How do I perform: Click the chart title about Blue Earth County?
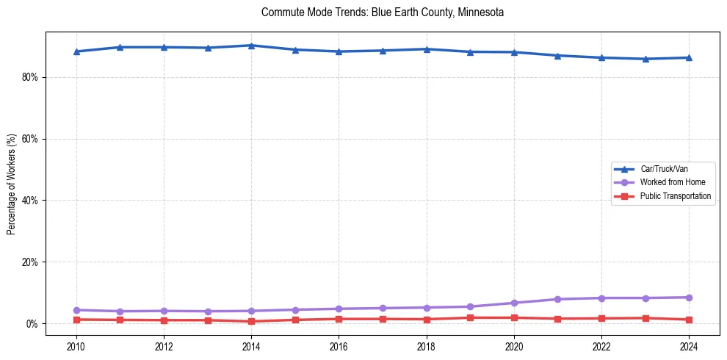tap(382, 12)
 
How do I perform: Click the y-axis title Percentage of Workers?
tap(11, 184)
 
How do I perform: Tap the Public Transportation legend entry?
tap(675, 196)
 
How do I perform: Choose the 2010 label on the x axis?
tap(76, 346)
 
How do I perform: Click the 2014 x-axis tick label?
tap(251, 346)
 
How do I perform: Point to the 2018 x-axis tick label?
tap(427, 346)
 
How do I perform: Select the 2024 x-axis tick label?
tap(690, 346)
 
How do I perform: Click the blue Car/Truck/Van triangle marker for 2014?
tap(251, 46)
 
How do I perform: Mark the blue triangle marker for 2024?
tap(690, 57)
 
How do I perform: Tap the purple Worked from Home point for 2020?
tap(514, 303)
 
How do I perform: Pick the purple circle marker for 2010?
tap(76, 310)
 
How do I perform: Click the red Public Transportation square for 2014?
tap(251, 321)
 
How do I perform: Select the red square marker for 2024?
tap(690, 320)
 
